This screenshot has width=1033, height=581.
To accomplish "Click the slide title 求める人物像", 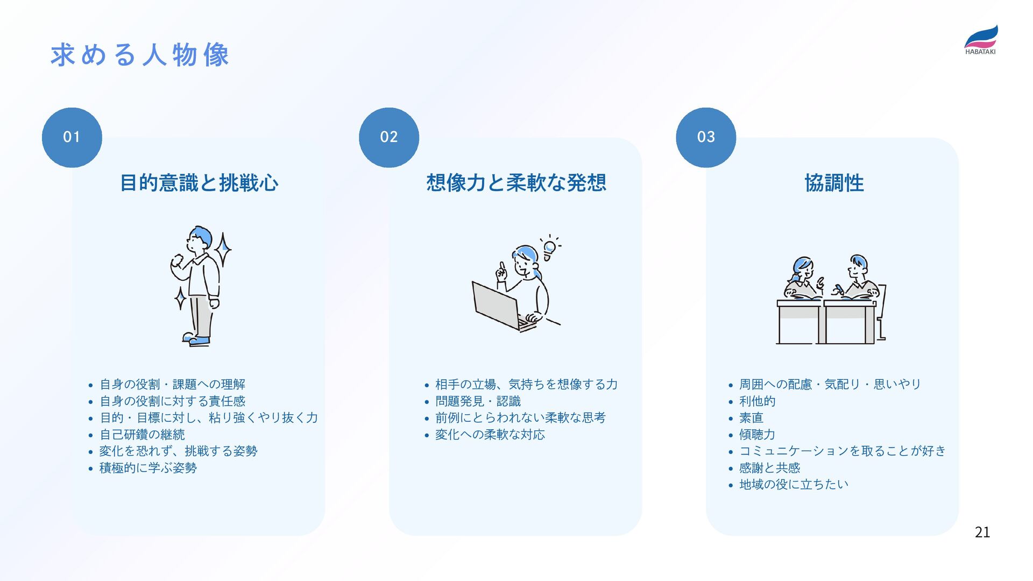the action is pos(140,55).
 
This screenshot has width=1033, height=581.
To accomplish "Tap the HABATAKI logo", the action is pos(980,40).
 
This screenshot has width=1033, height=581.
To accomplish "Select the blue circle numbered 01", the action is pos(72,137).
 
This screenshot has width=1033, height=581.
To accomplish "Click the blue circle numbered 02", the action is pos(389,137).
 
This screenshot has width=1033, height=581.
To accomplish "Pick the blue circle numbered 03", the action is pos(706,137).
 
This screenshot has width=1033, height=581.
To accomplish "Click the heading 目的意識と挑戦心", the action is pos(199,183).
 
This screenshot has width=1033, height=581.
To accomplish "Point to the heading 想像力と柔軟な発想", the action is pos(516,183).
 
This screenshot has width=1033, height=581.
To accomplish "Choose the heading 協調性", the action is pos(834,183).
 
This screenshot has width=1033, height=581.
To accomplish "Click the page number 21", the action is pos(982,532).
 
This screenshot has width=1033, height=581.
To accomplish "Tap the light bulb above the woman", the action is pos(549,249).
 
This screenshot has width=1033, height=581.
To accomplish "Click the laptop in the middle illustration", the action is pos(496,305).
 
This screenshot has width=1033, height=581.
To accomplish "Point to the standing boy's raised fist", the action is pos(177,261).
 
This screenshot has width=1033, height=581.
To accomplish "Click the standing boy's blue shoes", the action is pos(197,340).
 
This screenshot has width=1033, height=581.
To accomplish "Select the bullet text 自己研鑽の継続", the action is pos(143,434).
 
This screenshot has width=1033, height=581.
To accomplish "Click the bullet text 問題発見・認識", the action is pos(478,401).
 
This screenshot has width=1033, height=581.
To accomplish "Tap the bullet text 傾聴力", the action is pos(757,434).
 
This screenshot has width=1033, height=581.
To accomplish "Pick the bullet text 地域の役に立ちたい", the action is pos(794,484).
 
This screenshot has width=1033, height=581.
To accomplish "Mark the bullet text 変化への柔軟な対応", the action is pos(490,434).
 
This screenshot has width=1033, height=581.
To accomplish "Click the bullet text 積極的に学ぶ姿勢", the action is pos(148,467).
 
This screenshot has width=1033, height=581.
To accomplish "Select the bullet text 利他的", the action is pos(757,401).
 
